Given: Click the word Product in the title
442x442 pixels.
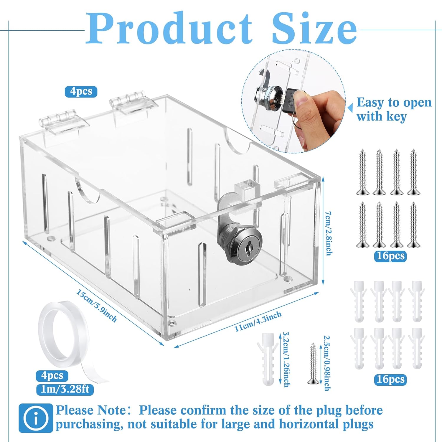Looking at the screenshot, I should tap(169, 29).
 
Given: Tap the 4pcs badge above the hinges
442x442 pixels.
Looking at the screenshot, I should tap(81, 91).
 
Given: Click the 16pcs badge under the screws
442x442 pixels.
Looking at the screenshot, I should tap(390, 256).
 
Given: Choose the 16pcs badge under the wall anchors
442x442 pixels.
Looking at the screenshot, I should tap(390, 379).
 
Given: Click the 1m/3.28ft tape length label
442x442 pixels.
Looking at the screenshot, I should tap(65, 389).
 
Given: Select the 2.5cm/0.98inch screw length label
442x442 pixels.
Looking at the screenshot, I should tap(326, 363).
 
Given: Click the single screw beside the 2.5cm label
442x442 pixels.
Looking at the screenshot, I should tap(313, 364).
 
